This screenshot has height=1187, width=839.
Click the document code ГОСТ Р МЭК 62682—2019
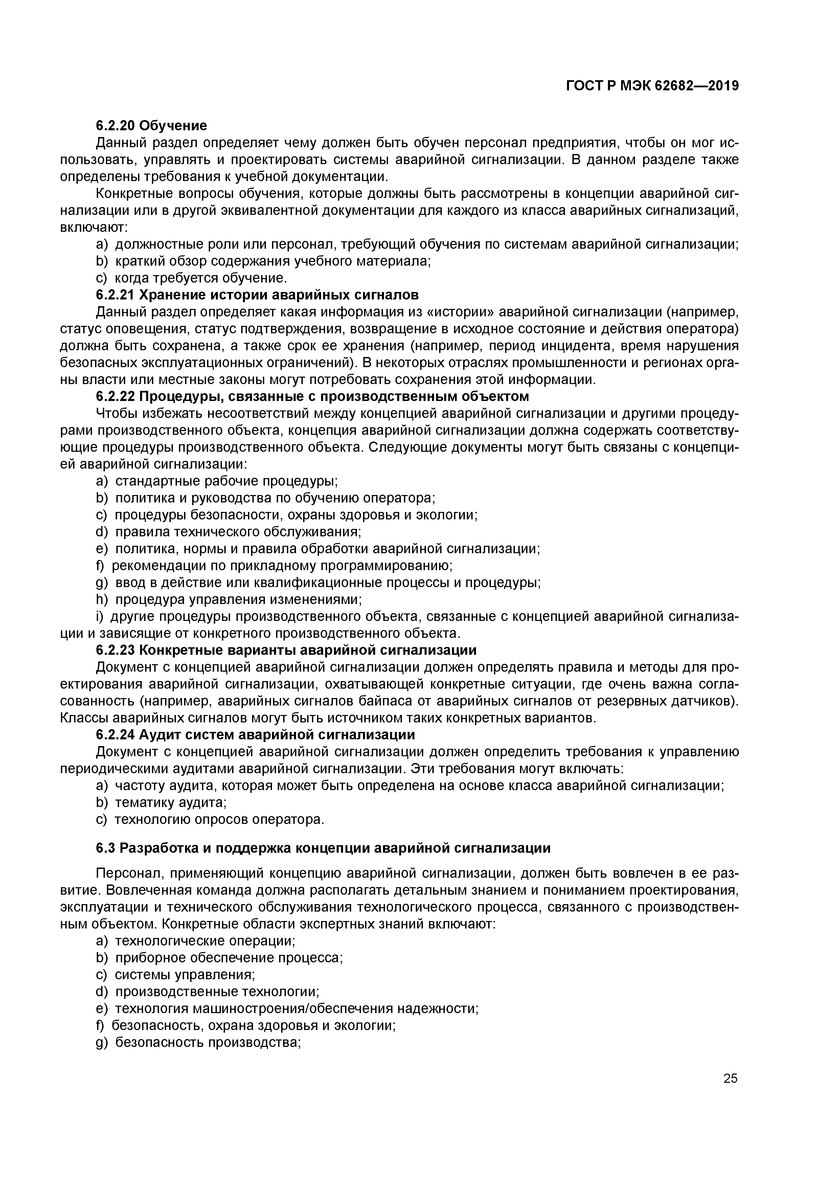(652, 86)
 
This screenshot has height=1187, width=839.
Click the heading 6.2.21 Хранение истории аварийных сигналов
(257, 295)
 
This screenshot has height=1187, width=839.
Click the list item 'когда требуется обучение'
(200, 278)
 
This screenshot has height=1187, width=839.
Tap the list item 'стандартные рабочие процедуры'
(226, 481)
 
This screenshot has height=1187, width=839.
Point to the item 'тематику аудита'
(171, 802)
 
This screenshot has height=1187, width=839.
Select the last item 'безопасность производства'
(207, 1043)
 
